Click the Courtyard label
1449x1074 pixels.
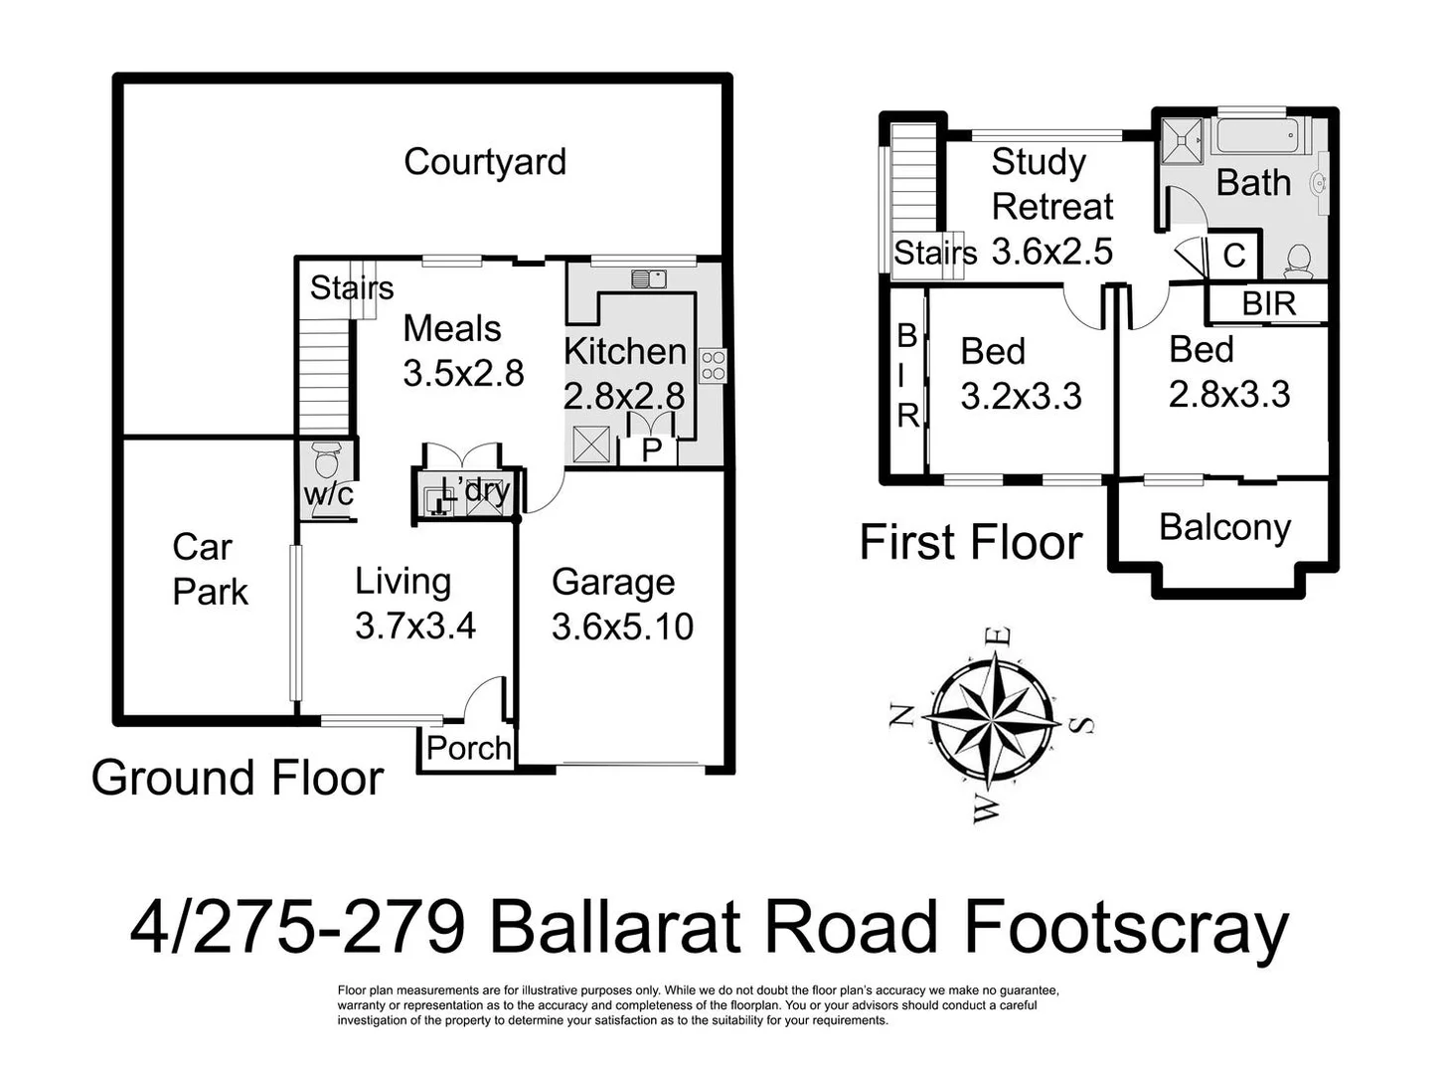[x=485, y=162]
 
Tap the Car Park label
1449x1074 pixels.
[x=209, y=569]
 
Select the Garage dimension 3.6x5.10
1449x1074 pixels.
[x=622, y=626]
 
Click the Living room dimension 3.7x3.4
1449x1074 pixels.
[x=415, y=626]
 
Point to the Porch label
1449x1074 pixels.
[x=468, y=748]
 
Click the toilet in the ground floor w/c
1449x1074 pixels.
[x=326, y=461]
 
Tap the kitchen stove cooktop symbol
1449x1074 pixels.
[x=713, y=365]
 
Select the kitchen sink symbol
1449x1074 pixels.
[x=648, y=278]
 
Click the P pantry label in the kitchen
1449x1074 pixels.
[x=651, y=450]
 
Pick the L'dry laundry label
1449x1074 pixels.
[x=475, y=489]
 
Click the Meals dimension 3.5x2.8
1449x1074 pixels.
[x=463, y=373]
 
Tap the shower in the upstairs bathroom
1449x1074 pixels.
[x=1183, y=140]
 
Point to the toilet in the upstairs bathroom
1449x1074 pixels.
[x=1297, y=261]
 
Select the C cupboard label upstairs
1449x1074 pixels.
[x=1233, y=256]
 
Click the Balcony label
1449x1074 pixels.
[x=1224, y=527]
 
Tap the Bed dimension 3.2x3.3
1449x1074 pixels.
[x=1021, y=396]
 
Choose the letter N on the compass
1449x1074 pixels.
[x=901, y=715]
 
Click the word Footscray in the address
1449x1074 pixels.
[x=1125, y=927]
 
